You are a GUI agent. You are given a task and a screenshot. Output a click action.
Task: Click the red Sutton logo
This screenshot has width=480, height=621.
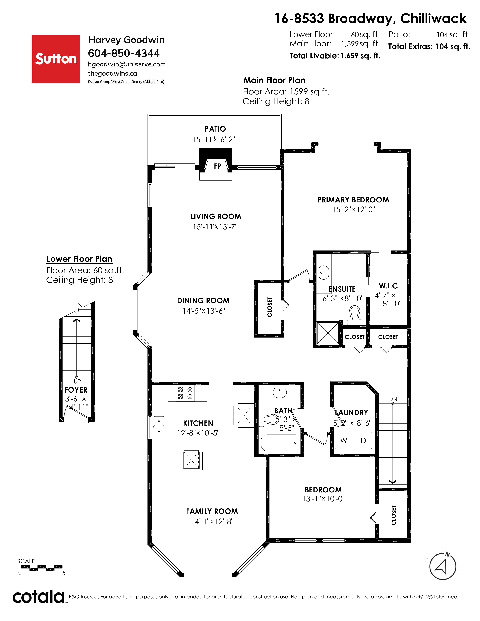(56, 59)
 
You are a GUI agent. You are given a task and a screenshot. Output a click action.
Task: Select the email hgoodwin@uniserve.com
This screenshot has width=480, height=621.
(127, 64)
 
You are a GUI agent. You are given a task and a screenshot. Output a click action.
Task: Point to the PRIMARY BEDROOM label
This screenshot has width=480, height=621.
(353, 200)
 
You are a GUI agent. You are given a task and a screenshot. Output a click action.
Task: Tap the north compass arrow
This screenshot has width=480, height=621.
(443, 566)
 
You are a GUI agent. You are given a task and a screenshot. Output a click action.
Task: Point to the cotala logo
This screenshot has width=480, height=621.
(38, 596)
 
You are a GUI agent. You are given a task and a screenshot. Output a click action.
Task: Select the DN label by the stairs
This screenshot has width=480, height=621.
(393, 399)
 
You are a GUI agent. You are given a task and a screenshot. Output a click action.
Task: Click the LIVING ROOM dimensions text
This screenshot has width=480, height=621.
(215, 227)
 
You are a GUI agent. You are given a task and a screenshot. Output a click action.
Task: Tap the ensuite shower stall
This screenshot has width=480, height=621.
(328, 333)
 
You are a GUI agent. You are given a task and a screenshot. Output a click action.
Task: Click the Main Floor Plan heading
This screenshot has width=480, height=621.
(274, 81)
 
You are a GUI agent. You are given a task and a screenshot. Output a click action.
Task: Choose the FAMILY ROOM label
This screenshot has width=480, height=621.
(212, 511)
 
